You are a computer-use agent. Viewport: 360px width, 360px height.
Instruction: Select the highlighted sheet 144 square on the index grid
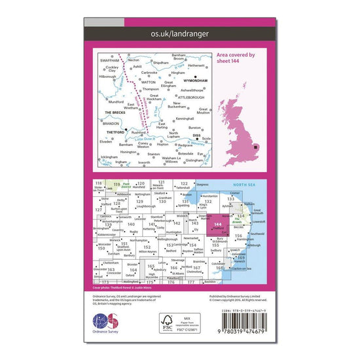coord(221,227)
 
